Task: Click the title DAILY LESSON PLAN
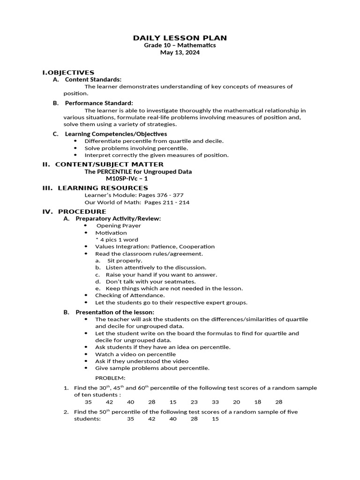pos(180,37)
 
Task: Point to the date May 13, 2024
pos(180,53)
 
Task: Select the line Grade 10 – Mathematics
pos(180,45)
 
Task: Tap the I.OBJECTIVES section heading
pos(68,72)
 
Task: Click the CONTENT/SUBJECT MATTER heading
pos(109,164)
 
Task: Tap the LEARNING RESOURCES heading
pos(103,188)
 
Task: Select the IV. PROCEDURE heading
pos(75,211)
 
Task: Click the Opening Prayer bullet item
pos(119,225)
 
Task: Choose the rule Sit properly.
pos(125,261)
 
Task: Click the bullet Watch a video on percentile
pos(129,354)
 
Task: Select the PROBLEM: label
pos(110,378)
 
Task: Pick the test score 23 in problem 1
pos(194,402)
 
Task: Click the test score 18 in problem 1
pos(258,402)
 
